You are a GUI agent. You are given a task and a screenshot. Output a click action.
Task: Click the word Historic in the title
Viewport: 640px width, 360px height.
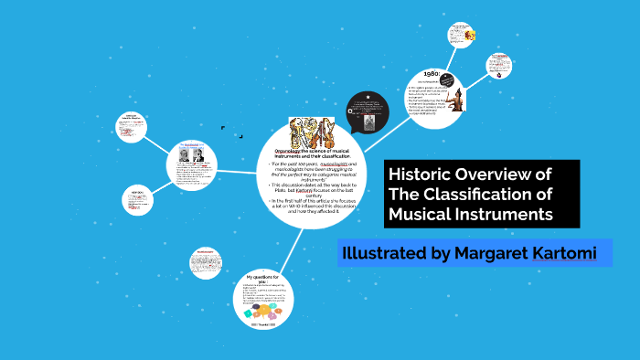pyautogui.click(x=421, y=175)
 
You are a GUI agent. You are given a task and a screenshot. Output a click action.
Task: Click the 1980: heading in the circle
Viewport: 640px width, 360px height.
pyautogui.click(x=432, y=76)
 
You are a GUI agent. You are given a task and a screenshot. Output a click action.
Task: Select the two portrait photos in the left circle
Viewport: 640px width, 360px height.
pyautogui.click(x=191, y=156)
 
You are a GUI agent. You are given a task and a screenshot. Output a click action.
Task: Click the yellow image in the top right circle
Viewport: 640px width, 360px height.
pyautogui.click(x=468, y=35)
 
